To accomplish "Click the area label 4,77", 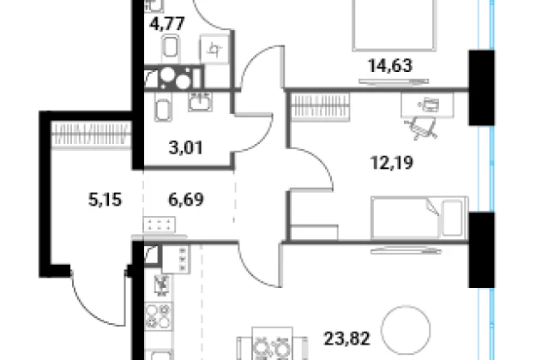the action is pyautogui.click(x=167, y=24).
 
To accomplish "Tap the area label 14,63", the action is pyautogui.click(x=390, y=65).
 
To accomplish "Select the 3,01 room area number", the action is pyautogui.click(x=185, y=147).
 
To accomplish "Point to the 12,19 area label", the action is pyautogui.click(x=391, y=163).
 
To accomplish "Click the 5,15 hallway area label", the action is pyautogui.click(x=105, y=200).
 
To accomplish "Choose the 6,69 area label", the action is pyautogui.click(x=186, y=200).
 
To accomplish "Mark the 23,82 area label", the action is pyautogui.click(x=346, y=339).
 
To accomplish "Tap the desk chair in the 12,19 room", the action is pyautogui.click(x=421, y=128).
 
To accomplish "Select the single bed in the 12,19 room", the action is pyautogui.click(x=419, y=218).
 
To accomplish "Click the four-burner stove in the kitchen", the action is pyautogui.click(x=159, y=316).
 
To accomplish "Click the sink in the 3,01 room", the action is pyautogui.click(x=200, y=102).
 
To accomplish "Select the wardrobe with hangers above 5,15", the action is pyautogui.click(x=91, y=134).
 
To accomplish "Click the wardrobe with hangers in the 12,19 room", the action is pyautogui.click(x=321, y=106).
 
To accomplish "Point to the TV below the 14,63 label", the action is pyautogui.click(x=394, y=81).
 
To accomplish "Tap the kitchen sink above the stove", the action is pyautogui.click(x=162, y=285).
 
